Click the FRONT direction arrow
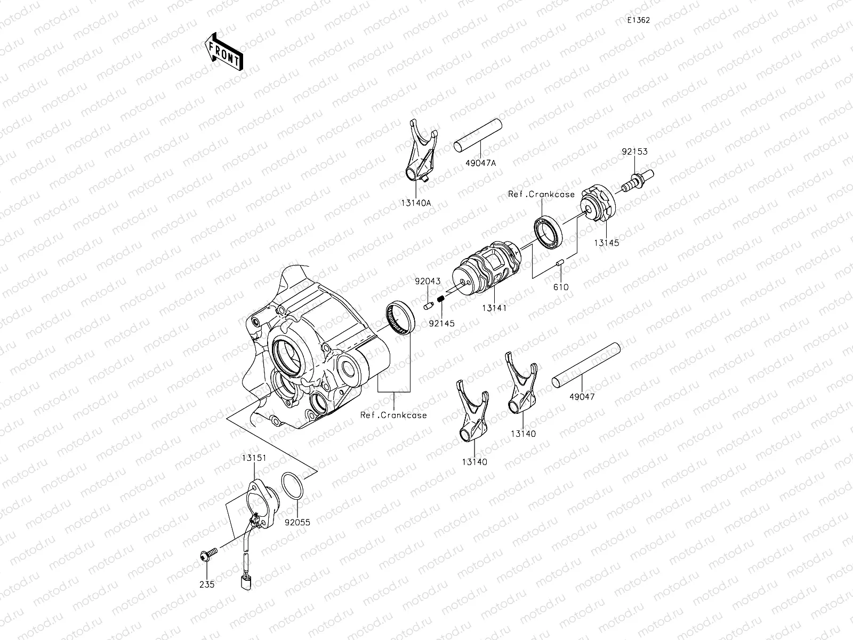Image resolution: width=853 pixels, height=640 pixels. [x=222, y=51]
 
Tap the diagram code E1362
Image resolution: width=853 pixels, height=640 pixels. [x=638, y=20]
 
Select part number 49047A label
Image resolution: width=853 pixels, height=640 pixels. [x=480, y=163]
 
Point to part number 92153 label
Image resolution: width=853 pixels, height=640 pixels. [x=634, y=151]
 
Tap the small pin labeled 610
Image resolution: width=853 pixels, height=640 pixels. [x=560, y=262]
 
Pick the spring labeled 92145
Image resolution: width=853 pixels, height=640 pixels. [x=441, y=302]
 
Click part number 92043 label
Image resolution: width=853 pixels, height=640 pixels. [x=428, y=281]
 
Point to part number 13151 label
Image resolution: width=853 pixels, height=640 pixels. [x=253, y=458]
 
